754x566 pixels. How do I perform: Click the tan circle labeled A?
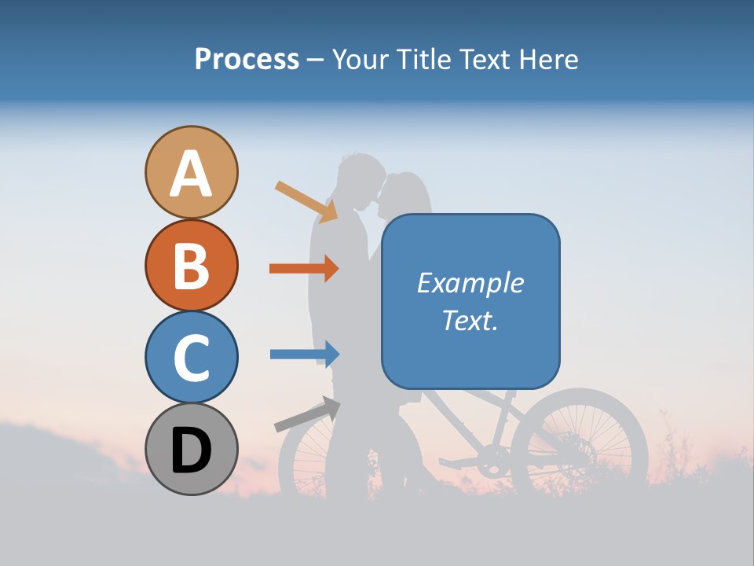coord(192,172)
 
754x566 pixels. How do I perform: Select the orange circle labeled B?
coord(192,265)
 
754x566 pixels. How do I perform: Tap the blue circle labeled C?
coord(192,357)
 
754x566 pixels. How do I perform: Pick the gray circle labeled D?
coord(192,449)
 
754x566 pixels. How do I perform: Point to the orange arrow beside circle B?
coord(304,268)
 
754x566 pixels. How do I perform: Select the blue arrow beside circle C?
coord(305,354)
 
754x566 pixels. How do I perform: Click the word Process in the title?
coord(247,59)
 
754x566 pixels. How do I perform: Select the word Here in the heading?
coord(549,59)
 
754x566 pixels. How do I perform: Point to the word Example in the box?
coord(470,283)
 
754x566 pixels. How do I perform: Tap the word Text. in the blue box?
coord(470,320)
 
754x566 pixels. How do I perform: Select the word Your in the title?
coord(358,59)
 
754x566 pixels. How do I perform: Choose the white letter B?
coord(192,265)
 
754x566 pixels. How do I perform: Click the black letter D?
coord(192,450)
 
